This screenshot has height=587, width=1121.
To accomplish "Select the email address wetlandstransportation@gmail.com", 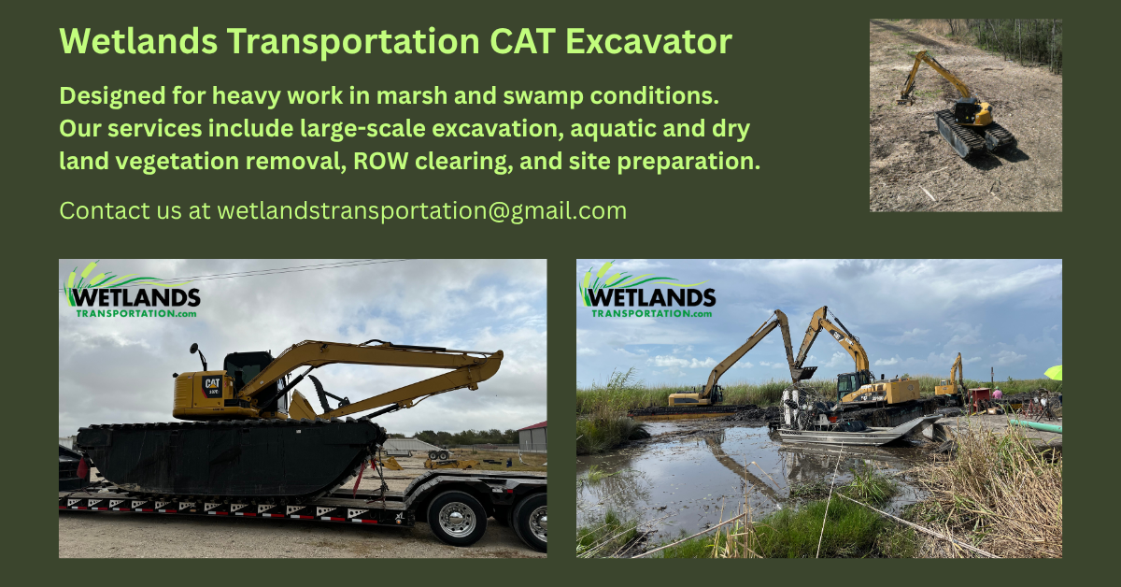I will click(421, 210).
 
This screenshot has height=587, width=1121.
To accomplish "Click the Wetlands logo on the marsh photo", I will click(647, 293).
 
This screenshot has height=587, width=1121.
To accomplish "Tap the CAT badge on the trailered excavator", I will click(212, 382).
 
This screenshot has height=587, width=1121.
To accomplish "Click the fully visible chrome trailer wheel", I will click(457, 518).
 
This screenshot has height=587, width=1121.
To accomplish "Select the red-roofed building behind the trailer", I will click(532, 435).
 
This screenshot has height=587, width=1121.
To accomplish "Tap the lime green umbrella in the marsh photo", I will click(1054, 372).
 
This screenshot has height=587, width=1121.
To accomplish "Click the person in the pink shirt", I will click(998, 393).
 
